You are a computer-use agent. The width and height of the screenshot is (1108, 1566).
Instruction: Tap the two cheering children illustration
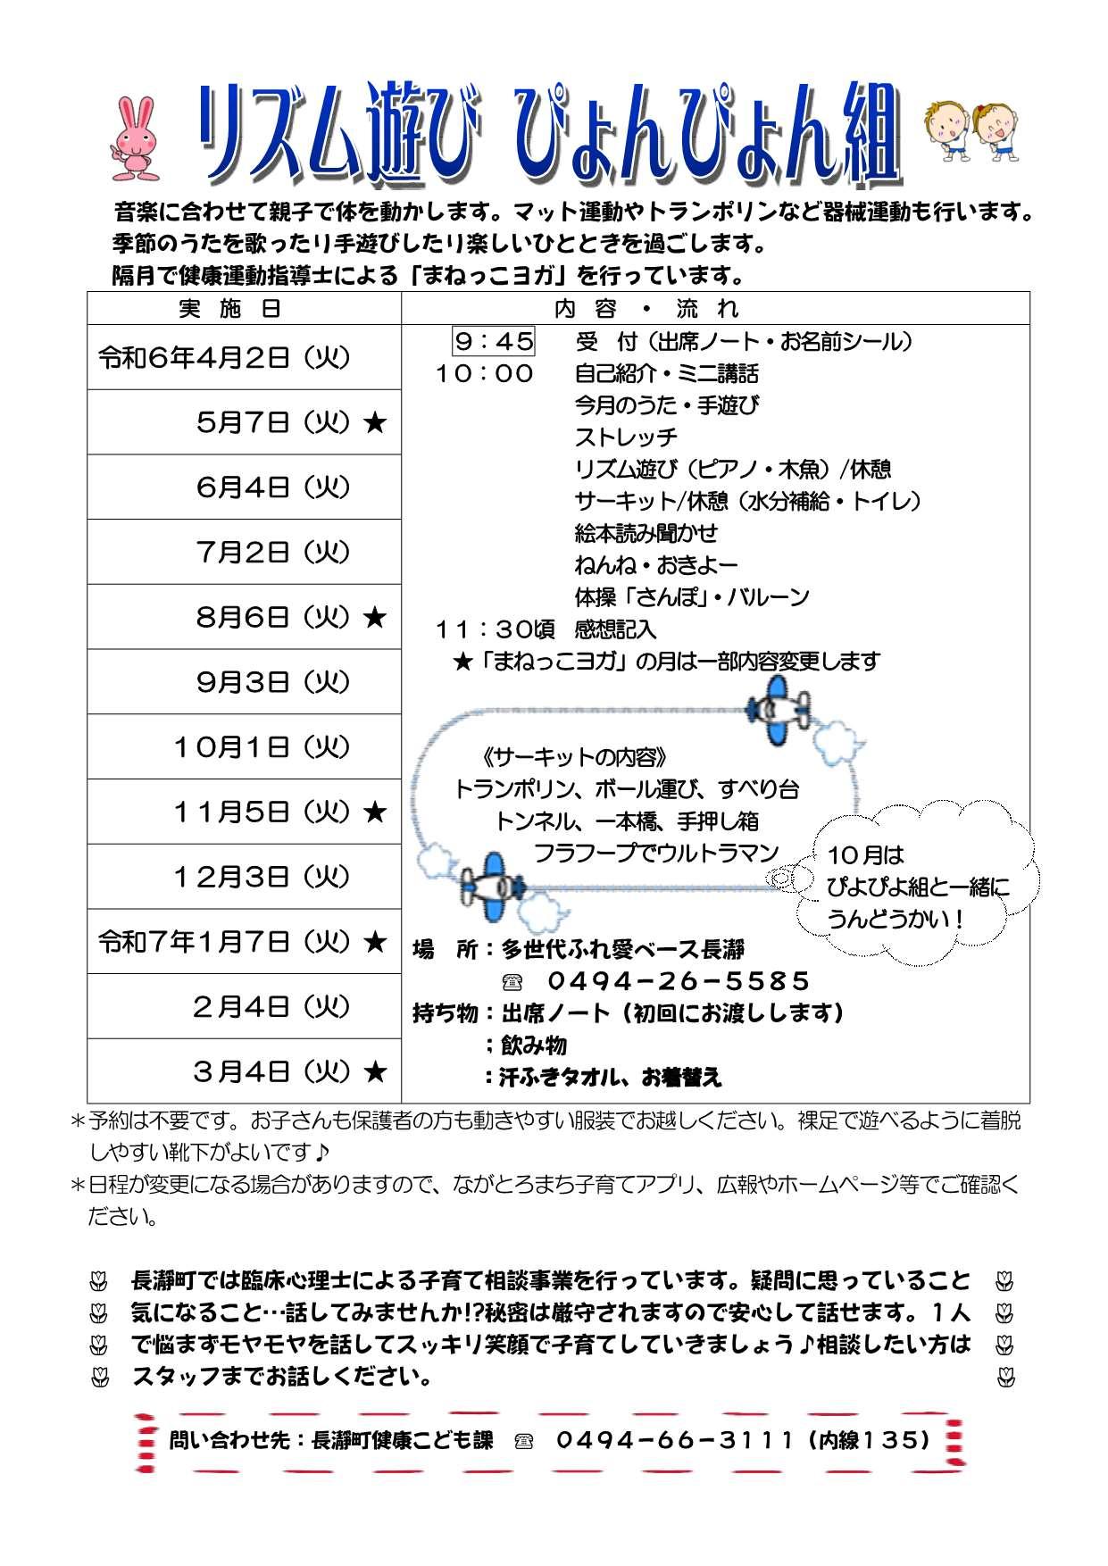click(x=971, y=130)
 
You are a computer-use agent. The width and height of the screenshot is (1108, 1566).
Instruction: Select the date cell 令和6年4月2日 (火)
click(x=224, y=358)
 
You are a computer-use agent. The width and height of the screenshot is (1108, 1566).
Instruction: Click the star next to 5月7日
click(x=375, y=423)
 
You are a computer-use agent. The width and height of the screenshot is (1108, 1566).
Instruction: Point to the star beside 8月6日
click(x=375, y=618)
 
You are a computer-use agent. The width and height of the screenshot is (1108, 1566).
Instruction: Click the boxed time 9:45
click(x=494, y=341)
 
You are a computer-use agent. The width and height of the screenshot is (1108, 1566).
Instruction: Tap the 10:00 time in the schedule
click(x=485, y=373)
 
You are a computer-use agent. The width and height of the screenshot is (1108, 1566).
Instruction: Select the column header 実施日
click(x=231, y=309)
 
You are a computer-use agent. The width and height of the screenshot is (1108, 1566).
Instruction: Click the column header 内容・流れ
click(x=646, y=309)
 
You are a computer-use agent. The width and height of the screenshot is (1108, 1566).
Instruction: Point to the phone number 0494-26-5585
click(x=678, y=981)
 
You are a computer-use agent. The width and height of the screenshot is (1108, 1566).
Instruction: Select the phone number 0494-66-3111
click(x=674, y=1439)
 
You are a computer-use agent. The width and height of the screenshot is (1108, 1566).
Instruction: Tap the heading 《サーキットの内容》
click(x=573, y=758)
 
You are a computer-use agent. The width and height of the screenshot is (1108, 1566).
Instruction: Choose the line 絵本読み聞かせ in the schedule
click(x=646, y=533)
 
